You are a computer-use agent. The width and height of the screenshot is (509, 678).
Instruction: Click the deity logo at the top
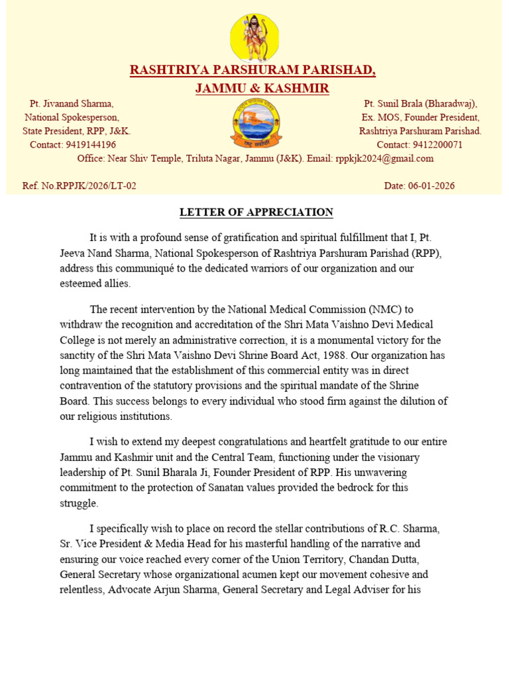[254, 37]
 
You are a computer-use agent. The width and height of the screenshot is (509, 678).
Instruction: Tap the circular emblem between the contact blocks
[255, 123]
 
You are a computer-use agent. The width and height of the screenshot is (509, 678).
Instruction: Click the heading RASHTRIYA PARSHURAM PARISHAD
[253, 70]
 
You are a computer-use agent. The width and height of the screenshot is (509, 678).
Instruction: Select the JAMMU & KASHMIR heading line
[262, 88]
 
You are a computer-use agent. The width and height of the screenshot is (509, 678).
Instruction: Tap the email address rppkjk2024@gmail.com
[384, 158]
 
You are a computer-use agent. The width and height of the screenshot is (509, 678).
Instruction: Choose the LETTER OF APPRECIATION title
[256, 213]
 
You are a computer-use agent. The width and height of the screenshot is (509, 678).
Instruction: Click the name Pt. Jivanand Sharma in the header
[72, 104]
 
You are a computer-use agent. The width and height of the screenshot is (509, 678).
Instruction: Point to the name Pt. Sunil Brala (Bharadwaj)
[421, 104]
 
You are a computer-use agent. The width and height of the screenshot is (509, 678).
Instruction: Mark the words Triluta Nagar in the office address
[219, 158]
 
